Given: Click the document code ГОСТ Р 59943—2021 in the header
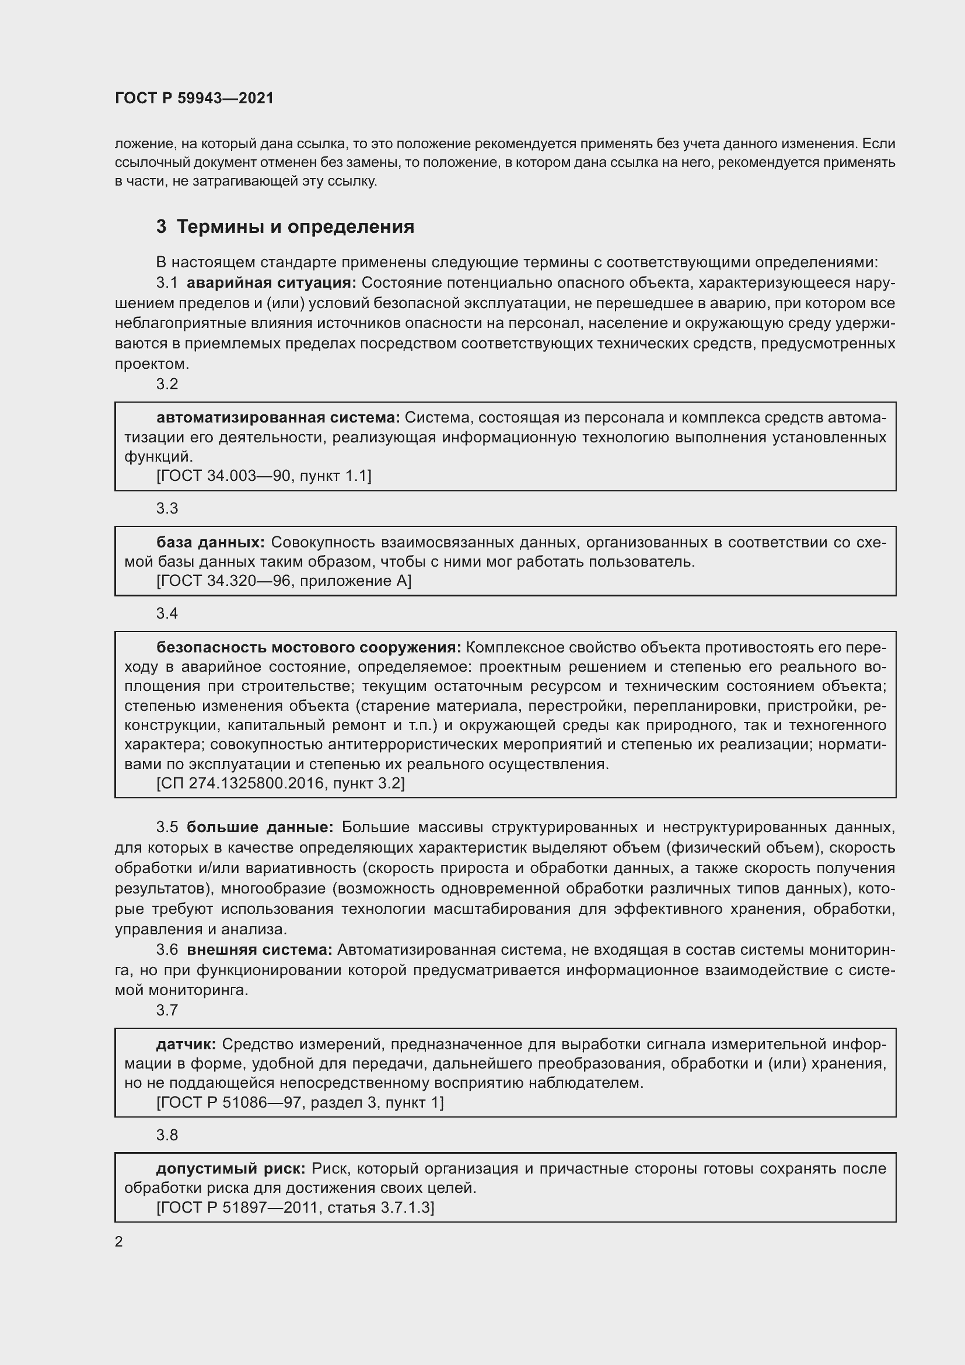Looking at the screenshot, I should tap(194, 98).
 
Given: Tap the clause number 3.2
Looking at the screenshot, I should tap(167, 384).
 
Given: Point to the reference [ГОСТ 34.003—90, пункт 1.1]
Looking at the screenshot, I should tap(264, 476).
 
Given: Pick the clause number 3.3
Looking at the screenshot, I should tap(167, 508).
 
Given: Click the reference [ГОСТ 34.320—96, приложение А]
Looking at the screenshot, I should tap(284, 581).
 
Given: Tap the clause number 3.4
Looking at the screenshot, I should tap(167, 613).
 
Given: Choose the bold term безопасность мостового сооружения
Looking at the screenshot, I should tap(309, 647).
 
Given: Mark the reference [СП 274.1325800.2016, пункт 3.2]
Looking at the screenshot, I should tap(281, 783).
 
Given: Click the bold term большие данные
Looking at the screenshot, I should tap(260, 827).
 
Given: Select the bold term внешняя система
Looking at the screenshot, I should tap(260, 949).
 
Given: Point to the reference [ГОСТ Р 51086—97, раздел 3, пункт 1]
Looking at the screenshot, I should tap(300, 1102).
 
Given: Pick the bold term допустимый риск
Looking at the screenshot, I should tap(230, 1168).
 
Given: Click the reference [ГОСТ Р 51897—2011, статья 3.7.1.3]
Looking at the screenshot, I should tap(295, 1207).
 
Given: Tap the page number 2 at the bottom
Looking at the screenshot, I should tap(119, 1242).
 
